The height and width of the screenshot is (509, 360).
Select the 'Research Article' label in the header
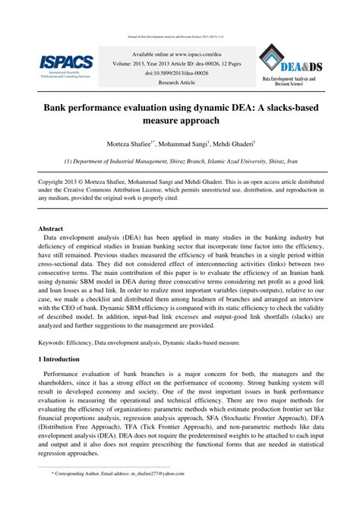pos(180,81)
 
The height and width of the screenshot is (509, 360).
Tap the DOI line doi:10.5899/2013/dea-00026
pos(180,73)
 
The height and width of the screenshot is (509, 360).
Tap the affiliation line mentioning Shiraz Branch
pos(180,161)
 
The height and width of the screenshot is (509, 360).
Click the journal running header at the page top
pos(180,36)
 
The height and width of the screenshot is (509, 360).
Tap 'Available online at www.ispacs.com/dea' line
pos(180,55)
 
